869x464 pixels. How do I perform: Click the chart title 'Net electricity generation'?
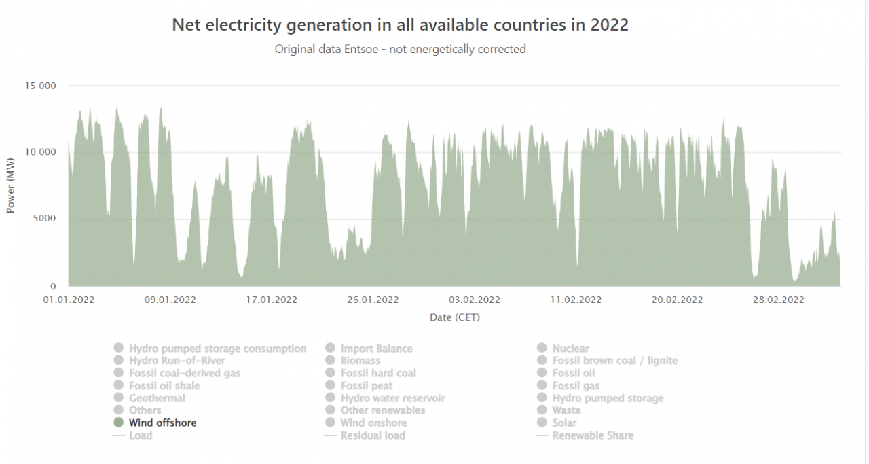pos(400,25)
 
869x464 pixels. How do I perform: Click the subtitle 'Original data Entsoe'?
pos(400,49)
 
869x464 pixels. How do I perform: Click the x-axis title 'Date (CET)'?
pos(454,317)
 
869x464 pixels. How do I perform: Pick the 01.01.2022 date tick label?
pos(69,300)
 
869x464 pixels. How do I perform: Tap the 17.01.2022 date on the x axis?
pos(272,300)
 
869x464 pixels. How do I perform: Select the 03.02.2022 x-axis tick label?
pos(475,300)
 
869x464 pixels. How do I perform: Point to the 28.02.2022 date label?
pos(779,300)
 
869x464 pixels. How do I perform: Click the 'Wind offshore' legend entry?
pos(162,423)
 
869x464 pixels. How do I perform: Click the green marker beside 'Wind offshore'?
pos(119,423)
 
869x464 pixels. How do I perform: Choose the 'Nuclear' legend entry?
pos(570,349)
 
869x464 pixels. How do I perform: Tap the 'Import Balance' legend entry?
pos(376,349)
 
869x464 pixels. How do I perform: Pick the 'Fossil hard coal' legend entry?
pos(378,373)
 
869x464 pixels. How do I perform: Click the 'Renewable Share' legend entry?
pos(593,435)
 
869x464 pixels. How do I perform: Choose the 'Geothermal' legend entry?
pos(157,398)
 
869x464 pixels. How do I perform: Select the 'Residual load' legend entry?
pos(373,435)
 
